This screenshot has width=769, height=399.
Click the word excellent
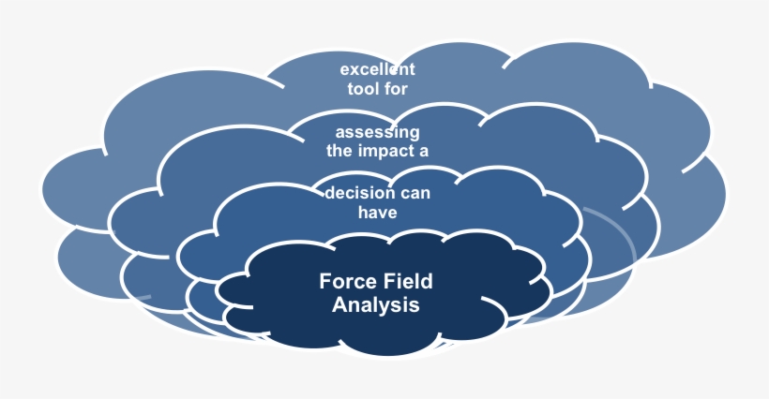[x=377, y=69]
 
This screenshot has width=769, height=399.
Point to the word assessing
[x=377, y=131]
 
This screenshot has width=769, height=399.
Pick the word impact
[x=384, y=151]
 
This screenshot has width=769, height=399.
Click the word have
[x=377, y=213]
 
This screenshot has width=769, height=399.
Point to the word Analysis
[x=376, y=305]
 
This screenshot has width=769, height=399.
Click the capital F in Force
[x=325, y=281]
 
